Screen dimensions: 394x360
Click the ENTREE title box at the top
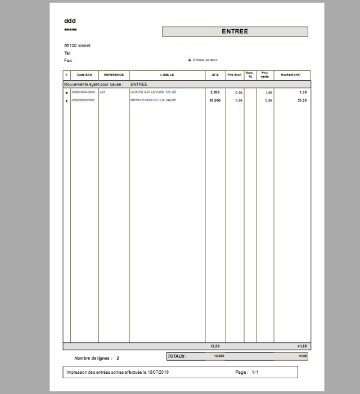[235, 32]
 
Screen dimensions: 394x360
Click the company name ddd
[70, 21]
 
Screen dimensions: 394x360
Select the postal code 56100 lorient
[77, 46]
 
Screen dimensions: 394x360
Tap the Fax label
[69, 60]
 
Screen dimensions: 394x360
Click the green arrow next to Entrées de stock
[190, 60]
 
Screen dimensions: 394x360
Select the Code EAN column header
[84, 75]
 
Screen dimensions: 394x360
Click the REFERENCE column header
[114, 75]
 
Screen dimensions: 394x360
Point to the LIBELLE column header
[167, 75]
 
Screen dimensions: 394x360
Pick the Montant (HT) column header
[291, 75]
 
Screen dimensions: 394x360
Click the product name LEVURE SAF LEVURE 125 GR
[153, 92]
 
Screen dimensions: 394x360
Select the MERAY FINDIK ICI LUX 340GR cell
[153, 100]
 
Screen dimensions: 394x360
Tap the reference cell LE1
[102, 92]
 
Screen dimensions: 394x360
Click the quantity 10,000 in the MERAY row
[215, 100]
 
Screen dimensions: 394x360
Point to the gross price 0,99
[239, 92]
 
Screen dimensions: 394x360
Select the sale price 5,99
[269, 100]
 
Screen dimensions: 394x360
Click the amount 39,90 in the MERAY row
[302, 100]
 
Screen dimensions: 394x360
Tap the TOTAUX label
[177, 356]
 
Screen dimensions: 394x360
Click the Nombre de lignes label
[93, 358]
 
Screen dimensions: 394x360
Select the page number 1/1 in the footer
[255, 372]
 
